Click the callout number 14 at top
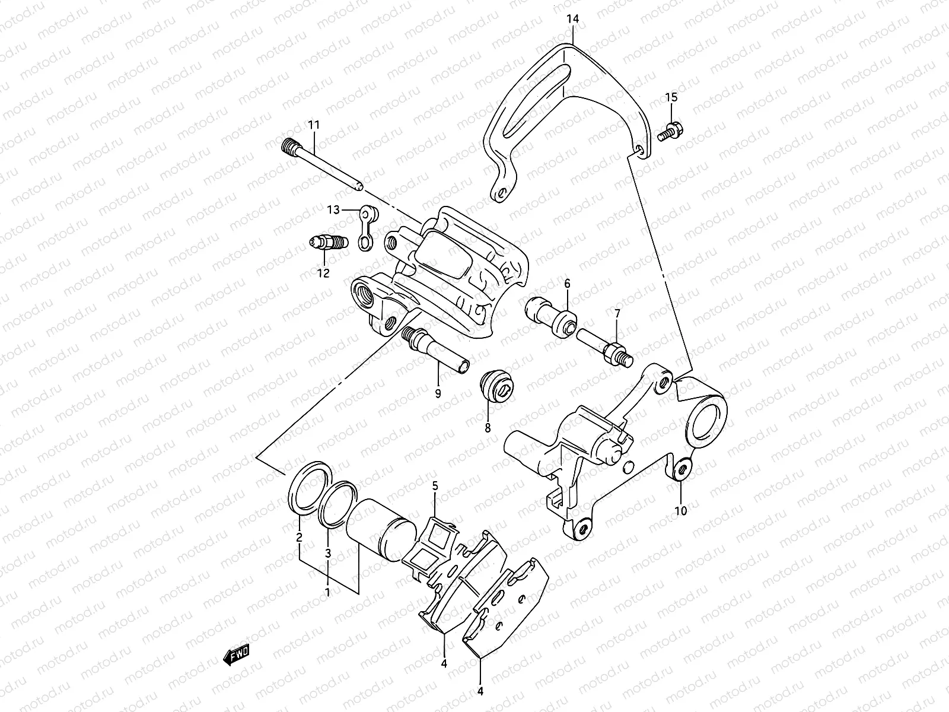tap(572, 19)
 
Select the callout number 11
tap(313, 125)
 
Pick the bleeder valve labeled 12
tap(329, 243)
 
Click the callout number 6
tap(567, 284)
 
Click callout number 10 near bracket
tap(680, 510)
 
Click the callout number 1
tap(328, 592)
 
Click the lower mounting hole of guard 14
tap(502, 193)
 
